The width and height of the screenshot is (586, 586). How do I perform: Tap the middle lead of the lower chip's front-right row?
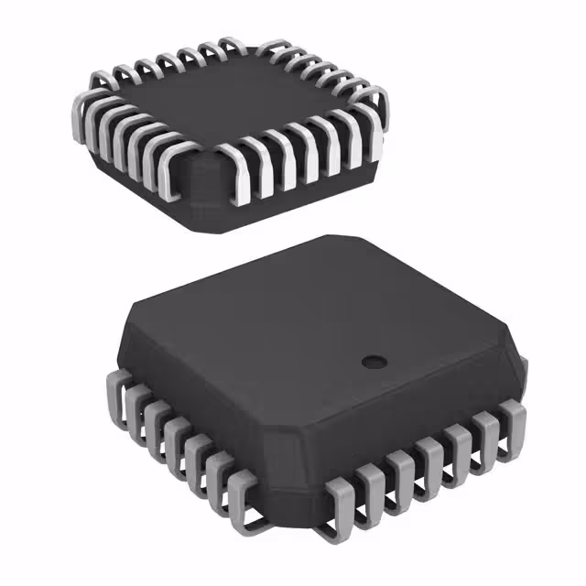tap(430, 462)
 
